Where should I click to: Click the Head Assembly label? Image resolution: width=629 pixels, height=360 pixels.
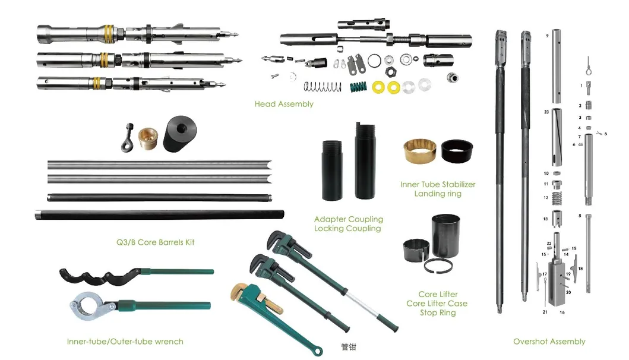(x=283, y=104)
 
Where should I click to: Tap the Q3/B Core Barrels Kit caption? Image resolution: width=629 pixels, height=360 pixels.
(x=155, y=242)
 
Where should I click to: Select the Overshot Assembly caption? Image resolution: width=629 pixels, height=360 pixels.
(x=549, y=342)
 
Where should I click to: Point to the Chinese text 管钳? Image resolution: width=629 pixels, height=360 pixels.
(x=348, y=347)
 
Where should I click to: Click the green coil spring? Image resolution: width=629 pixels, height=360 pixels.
(x=358, y=87)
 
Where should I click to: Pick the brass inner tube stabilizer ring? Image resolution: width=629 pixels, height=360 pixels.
(x=419, y=151)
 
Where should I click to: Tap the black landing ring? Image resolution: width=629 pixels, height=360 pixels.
(x=457, y=151)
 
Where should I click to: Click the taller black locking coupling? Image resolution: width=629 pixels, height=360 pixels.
(x=365, y=160)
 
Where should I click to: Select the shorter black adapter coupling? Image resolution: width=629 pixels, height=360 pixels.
(x=332, y=170)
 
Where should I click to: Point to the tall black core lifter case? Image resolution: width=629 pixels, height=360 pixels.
(x=445, y=236)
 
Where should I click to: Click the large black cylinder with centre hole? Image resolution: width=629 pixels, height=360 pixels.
(x=180, y=134)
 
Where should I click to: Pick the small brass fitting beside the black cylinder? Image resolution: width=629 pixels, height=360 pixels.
(x=148, y=138)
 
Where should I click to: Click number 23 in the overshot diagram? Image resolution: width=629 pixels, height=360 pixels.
(x=546, y=112)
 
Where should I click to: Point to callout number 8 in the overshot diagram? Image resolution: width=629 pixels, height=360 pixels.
(x=580, y=216)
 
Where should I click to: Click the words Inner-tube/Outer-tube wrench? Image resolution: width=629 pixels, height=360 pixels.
(x=125, y=342)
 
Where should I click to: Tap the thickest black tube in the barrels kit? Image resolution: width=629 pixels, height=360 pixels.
(x=159, y=214)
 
